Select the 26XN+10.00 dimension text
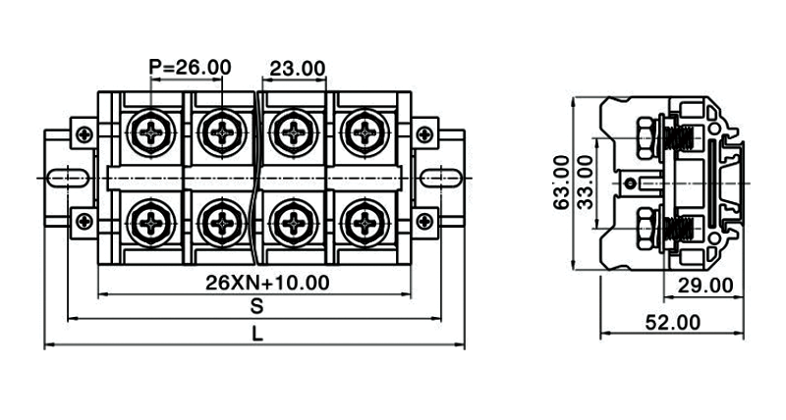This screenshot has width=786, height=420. (x=267, y=283)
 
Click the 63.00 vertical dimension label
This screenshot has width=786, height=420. (x=561, y=182)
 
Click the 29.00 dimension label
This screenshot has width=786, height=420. (x=706, y=286)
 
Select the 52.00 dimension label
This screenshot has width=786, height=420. (x=673, y=322)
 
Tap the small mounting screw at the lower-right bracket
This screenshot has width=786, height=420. (x=425, y=221)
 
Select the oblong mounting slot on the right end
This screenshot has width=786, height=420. (x=445, y=177)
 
